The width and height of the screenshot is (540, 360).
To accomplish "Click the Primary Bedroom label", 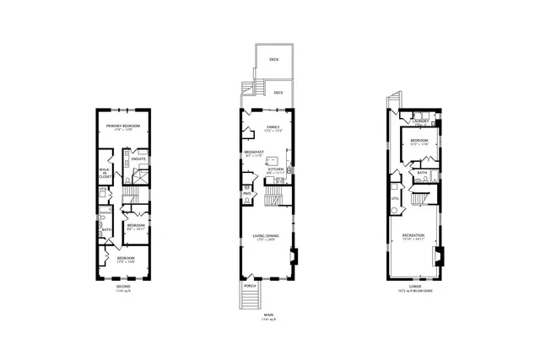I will [122, 126].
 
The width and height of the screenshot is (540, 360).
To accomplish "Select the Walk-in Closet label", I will [105, 173].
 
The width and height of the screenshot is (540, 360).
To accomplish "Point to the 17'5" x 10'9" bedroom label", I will [122, 260].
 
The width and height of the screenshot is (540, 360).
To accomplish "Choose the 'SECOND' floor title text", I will [122, 287].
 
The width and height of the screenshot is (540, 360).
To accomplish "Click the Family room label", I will [251, 127].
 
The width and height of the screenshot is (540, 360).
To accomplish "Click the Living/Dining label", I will [266, 237].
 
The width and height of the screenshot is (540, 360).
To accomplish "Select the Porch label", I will [250, 286].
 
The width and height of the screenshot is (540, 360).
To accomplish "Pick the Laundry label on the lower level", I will [424, 121].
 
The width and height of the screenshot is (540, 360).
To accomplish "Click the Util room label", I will [394, 198].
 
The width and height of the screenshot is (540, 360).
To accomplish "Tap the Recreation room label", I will [413, 235].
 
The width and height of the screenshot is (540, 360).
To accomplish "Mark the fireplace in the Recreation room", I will [437, 255].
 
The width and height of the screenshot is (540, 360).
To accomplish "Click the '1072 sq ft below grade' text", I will [413, 292].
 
